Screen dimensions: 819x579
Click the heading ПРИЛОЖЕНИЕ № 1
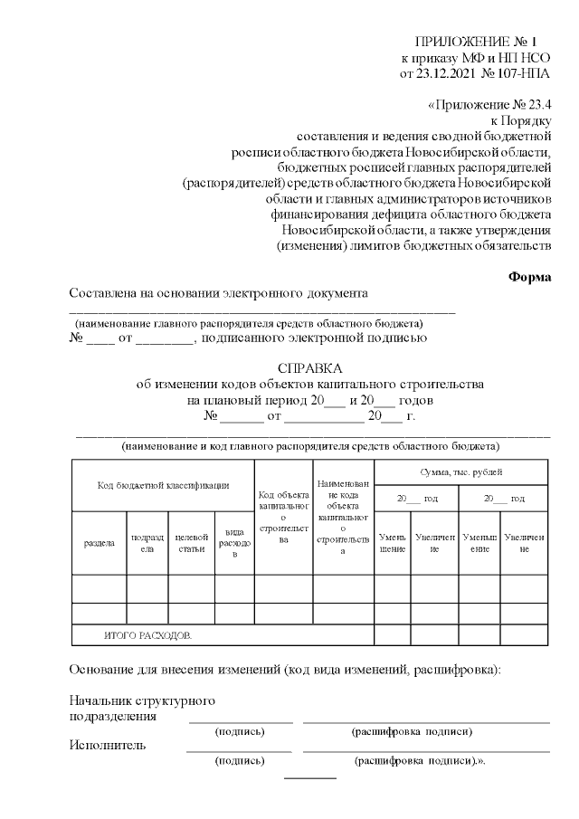475,42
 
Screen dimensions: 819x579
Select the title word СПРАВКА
310,368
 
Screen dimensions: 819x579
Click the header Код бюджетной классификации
163,486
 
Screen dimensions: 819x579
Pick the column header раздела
99,544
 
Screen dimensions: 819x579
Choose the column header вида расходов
234,544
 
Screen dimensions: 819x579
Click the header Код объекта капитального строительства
283,517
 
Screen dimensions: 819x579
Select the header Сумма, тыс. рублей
460,472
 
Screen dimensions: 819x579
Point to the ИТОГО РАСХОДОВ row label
148,635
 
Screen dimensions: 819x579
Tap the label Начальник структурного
142,701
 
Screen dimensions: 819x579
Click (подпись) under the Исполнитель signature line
239,761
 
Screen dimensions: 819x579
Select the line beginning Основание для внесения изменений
284,670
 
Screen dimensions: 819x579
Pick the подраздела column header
147,544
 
